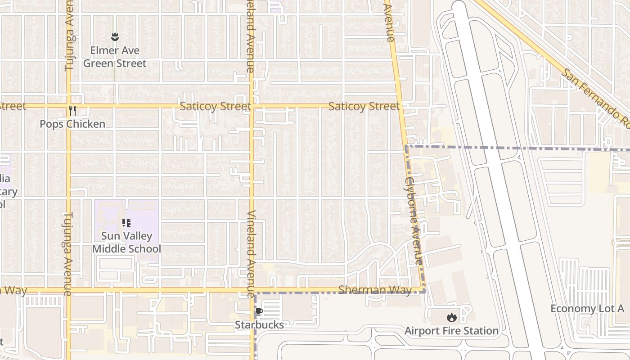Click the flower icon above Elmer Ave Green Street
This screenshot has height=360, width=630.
click(x=115, y=37)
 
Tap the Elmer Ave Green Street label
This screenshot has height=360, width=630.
click(x=115, y=57)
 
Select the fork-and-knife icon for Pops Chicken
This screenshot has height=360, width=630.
click(x=72, y=110)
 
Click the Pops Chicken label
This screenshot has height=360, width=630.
click(x=72, y=124)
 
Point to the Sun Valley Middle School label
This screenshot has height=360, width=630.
click(x=126, y=242)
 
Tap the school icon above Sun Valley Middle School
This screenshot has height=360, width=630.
click(x=126, y=222)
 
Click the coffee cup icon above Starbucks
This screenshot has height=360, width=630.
click(x=259, y=311)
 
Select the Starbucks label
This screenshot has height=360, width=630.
click(x=259, y=324)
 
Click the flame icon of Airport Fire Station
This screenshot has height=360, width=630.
click(x=451, y=318)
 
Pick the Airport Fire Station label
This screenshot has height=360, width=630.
click(x=451, y=331)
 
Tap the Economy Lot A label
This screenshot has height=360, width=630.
click(x=587, y=308)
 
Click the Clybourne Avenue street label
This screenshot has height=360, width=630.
click(x=414, y=220)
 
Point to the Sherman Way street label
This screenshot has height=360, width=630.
click(x=375, y=290)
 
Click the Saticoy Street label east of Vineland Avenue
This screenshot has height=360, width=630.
click(x=364, y=106)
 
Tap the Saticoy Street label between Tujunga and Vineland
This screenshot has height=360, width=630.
click(x=215, y=106)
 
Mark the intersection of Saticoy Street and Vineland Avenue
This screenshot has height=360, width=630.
click(x=251, y=106)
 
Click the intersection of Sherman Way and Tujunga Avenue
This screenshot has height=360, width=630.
click(x=69, y=290)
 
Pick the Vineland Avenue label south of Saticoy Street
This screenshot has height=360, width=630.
click(x=251, y=254)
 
